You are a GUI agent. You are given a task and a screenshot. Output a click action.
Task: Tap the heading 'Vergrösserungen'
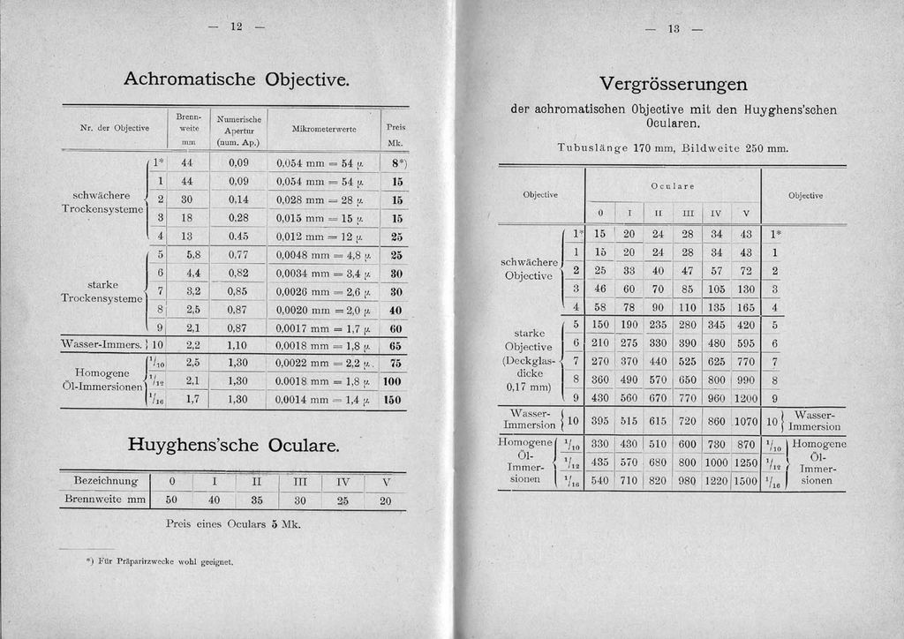point(673,85)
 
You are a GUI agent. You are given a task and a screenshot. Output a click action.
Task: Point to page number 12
point(236,26)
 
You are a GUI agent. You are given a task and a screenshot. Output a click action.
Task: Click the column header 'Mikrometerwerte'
point(323,129)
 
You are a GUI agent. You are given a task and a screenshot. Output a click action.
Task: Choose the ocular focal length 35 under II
point(257,499)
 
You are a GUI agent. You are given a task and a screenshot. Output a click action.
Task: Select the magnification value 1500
point(746,481)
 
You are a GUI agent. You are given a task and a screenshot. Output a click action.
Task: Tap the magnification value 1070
point(746,421)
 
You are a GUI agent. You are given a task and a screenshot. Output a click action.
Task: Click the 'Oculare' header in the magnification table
point(673,186)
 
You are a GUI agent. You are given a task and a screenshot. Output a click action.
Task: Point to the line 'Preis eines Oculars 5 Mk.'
point(234,524)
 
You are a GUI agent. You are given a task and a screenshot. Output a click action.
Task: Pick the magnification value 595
point(746,342)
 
